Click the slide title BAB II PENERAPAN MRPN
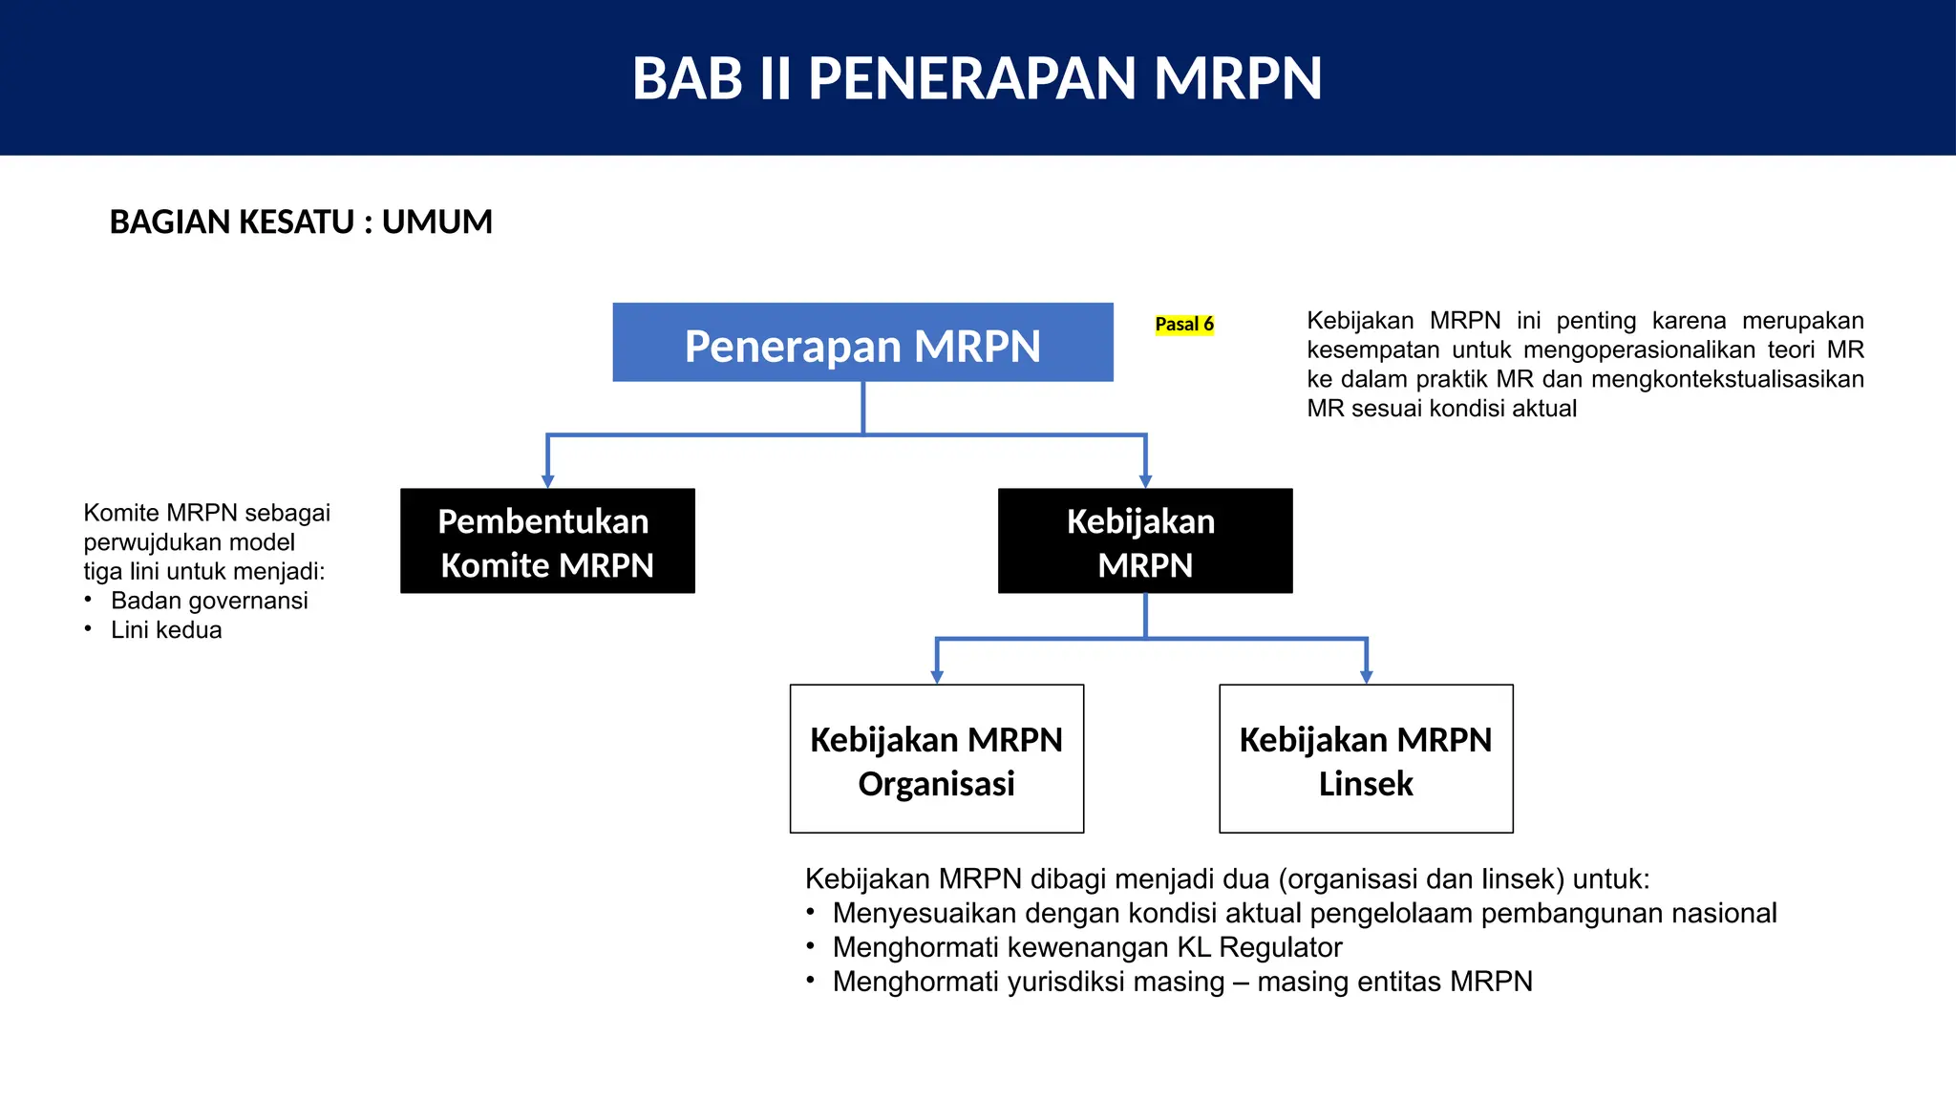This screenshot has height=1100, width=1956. click(977, 78)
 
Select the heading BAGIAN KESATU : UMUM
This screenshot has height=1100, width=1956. click(301, 222)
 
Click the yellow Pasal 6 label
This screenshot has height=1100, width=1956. click(1184, 325)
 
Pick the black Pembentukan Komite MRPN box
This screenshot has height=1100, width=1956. click(547, 541)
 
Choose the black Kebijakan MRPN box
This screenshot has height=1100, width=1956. click(1144, 541)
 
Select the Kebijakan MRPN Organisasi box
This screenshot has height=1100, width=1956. click(936, 759)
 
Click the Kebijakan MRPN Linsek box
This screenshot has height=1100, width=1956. click(1366, 759)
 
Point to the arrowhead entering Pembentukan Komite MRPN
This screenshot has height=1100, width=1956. click(547, 481)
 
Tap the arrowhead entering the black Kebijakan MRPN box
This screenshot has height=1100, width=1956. click(1145, 481)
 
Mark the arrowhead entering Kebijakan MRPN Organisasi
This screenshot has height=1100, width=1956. click(937, 677)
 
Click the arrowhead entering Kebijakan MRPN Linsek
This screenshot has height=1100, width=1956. click(1367, 677)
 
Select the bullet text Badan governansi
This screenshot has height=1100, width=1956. click(209, 601)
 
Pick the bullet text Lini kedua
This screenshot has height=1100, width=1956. click(166, 630)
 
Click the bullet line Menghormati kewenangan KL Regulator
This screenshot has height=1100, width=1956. click(1087, 947)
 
